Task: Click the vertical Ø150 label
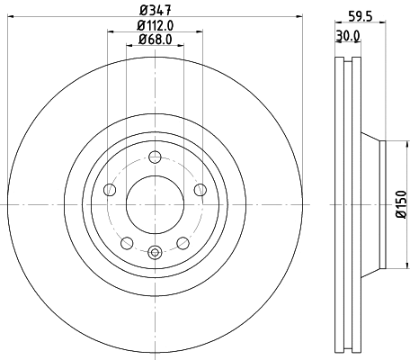pos(401,204)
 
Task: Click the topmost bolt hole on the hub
pos(155,154)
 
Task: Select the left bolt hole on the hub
pos(110,189)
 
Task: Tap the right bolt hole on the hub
pos(200,189)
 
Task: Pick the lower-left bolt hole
pos(127,242)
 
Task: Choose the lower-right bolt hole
pos(183,242)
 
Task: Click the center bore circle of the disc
pos(155,202)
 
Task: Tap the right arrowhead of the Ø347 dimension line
pos(302,20)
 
